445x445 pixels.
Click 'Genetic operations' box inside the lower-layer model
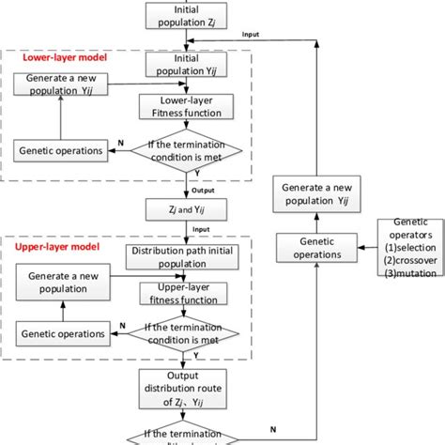[57, 150]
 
